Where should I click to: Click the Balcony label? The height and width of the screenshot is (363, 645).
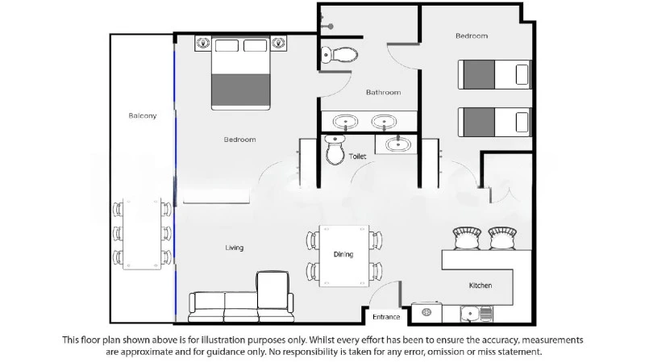coord(143,115)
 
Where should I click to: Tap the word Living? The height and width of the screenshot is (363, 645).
coord(234,248)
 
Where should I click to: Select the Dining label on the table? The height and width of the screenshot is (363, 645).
coord(343,254)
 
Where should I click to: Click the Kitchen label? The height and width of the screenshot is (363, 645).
coord(480,286)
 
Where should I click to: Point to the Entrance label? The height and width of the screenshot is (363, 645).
coord(386,317)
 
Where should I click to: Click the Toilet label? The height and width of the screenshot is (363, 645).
coord(357,156)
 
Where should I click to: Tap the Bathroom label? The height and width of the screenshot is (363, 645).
coord(384,92)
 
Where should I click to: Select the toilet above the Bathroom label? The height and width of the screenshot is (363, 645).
coord(339,54)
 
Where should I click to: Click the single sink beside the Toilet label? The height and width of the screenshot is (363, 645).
coord(397,144)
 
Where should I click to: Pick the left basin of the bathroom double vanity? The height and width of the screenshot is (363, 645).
coord(345,122)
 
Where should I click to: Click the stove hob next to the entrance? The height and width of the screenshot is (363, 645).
coord(427,313)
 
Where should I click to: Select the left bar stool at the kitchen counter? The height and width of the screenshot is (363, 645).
coord(467,238)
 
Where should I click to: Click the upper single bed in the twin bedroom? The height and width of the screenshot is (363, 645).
coord(494,74)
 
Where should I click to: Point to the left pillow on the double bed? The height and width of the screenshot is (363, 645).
coord(227,45)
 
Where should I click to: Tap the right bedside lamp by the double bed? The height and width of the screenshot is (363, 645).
coord(278,43)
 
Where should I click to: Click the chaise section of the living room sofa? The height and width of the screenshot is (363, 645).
coord(273,290)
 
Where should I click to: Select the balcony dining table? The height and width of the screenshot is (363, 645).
coord(142,234)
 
